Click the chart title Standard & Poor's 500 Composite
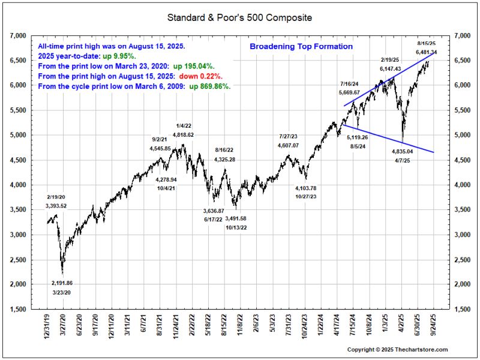click(x=239, y=18)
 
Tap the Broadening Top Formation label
click(x=301, y=46)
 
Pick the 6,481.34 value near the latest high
click(x=426, y=53)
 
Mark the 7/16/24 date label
click(x=349, y=83)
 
